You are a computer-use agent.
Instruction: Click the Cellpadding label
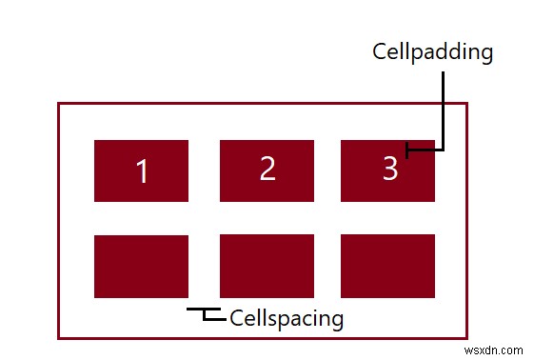(432, 51)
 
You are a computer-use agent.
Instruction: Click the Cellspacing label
(287, 317)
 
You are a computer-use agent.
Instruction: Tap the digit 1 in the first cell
(142, 172)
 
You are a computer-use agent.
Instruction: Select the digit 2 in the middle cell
(267, 169)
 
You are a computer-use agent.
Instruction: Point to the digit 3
(389, 169)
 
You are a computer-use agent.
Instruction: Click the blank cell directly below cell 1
(141, 266)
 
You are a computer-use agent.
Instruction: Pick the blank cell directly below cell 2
(267, 266)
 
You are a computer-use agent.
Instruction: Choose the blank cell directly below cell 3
(387, 266)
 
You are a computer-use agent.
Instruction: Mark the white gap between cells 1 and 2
(204, 171)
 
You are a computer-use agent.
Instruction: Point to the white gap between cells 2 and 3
(327, 171)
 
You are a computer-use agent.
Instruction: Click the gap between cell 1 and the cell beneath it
(141, 218)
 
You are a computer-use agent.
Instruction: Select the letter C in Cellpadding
(379, 51)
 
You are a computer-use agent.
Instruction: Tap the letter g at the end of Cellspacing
(336, 319)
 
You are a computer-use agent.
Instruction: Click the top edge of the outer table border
(263, 103)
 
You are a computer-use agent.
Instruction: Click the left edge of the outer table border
(59, 220)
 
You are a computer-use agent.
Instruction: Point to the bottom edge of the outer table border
(263, 337)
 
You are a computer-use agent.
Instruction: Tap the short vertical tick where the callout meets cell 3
(407, 149)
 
